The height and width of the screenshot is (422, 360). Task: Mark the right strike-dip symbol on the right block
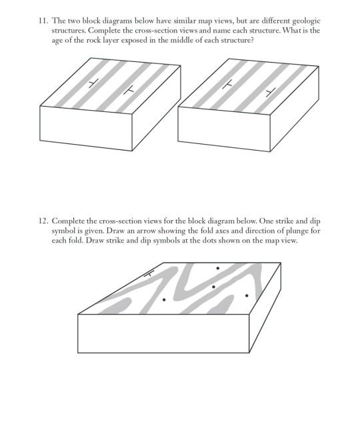tap(269, 89)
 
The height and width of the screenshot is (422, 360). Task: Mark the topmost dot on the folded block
tap(217, 269)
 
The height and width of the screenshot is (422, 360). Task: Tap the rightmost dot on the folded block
tap(247, 295)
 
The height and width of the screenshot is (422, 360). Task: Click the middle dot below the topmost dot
tap(213, 287)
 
